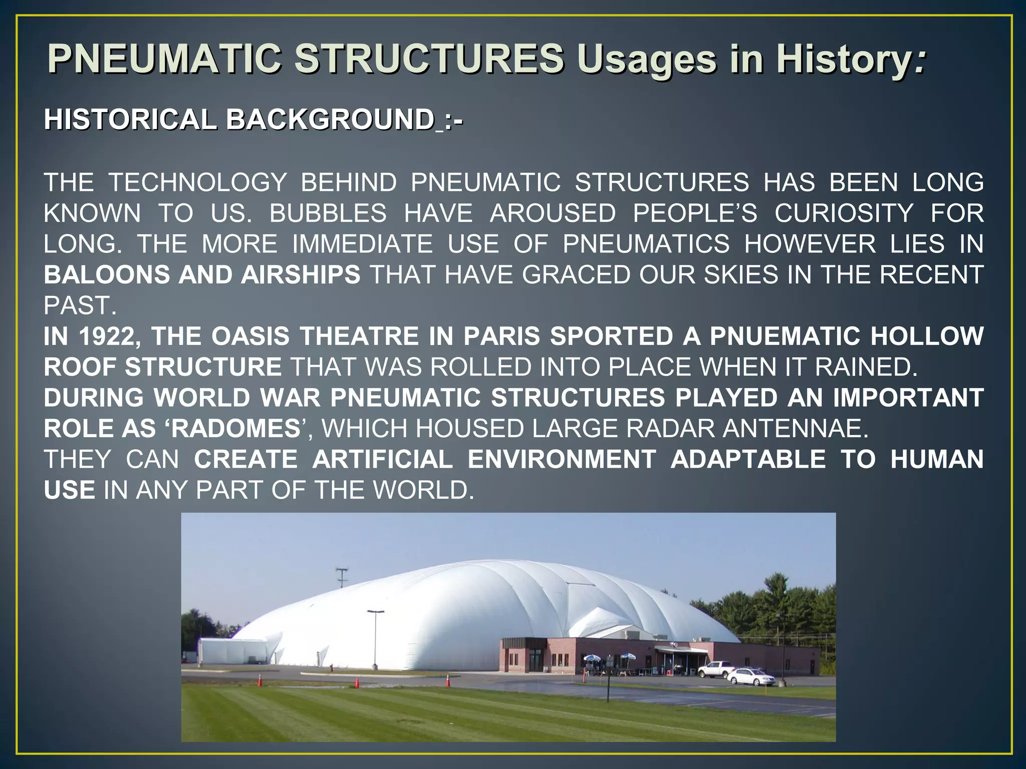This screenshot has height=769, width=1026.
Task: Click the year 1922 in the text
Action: [x=110, y=336]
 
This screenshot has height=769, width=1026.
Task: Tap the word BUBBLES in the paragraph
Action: [x=328, y=213]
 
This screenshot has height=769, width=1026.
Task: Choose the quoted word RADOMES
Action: [x=235, y=429]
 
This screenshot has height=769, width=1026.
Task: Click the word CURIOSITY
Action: [x=844, y=213]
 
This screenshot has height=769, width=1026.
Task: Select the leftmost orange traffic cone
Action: [x=260, y=680]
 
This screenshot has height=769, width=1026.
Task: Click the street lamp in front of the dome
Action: [x=375, y=638]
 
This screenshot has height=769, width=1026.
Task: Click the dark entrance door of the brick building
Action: [x=535, y=661]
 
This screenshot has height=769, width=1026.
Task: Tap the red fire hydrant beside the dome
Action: [x=331, y=667]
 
